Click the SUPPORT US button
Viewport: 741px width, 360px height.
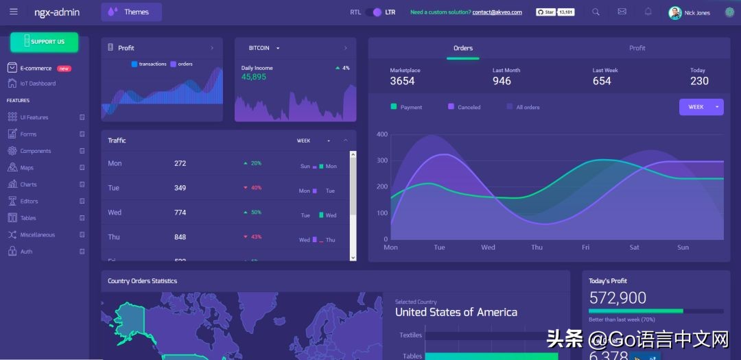tap(44, 42)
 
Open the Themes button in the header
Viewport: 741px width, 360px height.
tap(131, 12)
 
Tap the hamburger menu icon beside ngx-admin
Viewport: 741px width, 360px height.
tap(14, 12)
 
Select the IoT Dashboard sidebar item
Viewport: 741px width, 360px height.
tap(38, 84)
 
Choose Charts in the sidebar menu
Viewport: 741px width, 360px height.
tap(28, 184)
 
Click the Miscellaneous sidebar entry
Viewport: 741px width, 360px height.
tap(37, 235)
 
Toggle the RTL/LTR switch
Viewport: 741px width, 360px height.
tap(373, 12)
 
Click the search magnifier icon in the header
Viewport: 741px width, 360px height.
tap(596, 12)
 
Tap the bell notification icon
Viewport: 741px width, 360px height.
tap(648, 12)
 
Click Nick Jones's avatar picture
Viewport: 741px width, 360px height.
tap(675, 12)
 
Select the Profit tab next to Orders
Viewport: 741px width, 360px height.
tap(637, 48)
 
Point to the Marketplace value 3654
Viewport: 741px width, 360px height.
tap(402, 81)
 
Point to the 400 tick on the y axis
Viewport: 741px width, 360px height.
tap(382, 134)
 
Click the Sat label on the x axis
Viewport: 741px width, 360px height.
tap(635, 248)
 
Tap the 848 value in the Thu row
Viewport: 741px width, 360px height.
tap(180, 237)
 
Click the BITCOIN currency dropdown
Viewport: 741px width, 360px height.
tap(264, 48)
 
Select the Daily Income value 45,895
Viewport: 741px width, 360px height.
tap(254, 77)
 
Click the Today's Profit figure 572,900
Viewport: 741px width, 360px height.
tap(617, 298)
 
